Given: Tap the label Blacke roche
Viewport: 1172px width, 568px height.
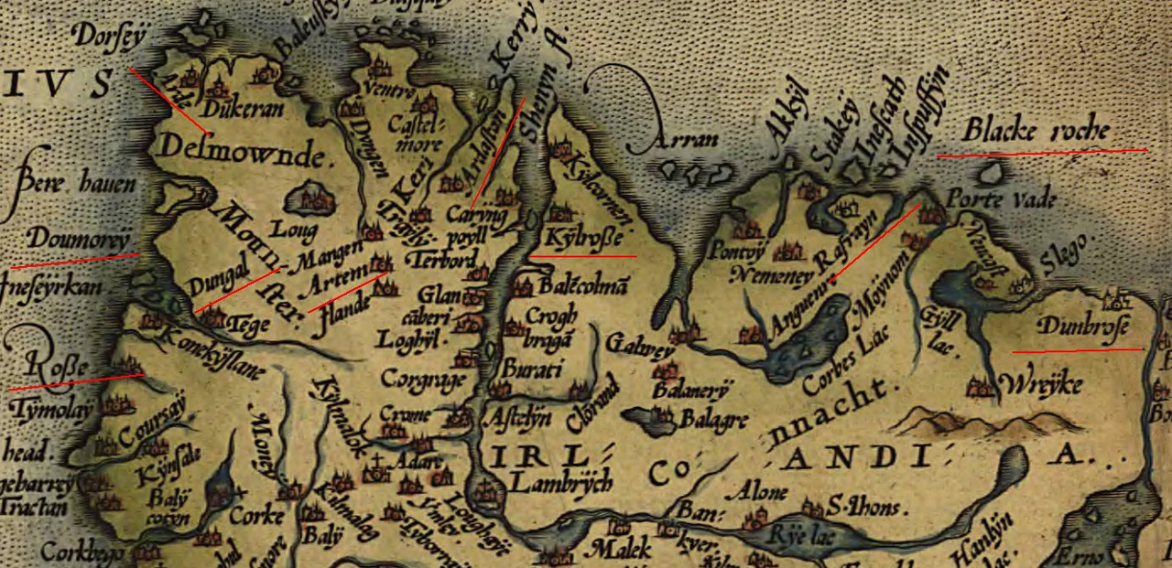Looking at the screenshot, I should [1036, 132].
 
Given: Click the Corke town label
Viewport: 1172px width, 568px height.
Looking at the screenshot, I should [257, 516].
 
